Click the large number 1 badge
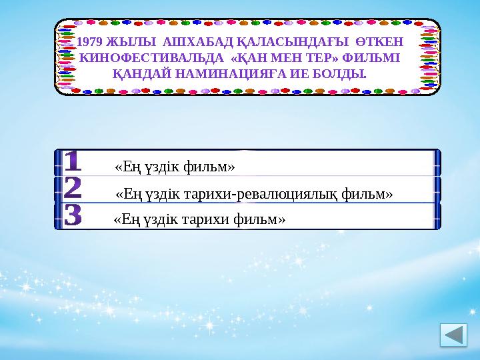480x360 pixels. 73,162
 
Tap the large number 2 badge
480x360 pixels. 73,189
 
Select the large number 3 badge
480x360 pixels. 73,216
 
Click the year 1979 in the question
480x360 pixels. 91,43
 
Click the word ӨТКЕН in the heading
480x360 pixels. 379,43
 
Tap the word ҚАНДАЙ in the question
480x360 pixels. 139,72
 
